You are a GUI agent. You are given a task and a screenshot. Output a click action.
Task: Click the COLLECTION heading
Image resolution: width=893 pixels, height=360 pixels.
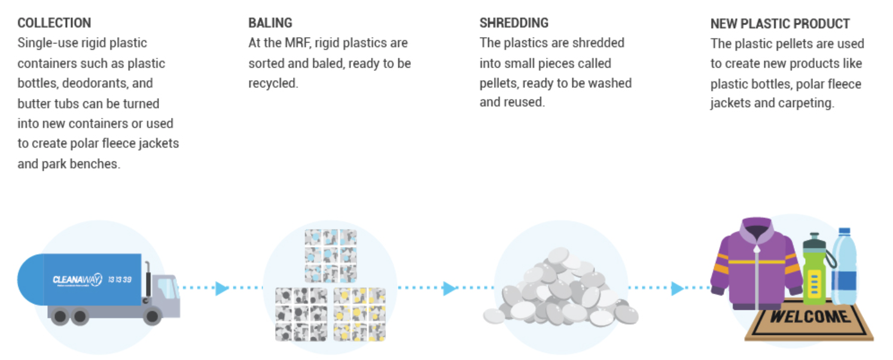pyautogui.click(x=54, y=23)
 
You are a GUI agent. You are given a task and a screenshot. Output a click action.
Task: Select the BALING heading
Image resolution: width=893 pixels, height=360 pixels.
pyautogui.click(x=270, y=23)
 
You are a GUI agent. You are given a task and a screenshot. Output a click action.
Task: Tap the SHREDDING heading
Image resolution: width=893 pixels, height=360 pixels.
pyautogui.click(x=514, y=23)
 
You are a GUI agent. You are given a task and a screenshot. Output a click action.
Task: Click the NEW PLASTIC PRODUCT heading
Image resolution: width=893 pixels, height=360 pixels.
pyautogui.click(x=780, y=24)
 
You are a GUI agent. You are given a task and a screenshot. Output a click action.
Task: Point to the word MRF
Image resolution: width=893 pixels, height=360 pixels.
pyautogui.click(x=304, y=43)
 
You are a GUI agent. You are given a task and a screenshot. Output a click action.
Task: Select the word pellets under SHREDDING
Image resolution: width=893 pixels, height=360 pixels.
pyautogui.click(x=498, y=83)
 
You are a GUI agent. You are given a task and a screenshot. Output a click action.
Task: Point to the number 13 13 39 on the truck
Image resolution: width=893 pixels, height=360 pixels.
pyautogui.click(x=120, y=279)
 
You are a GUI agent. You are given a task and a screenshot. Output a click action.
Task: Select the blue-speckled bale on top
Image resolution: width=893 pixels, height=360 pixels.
pyautogui.click(x=330, y=256)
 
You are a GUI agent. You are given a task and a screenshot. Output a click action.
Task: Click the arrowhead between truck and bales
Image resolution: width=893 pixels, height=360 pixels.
pyautogui.click(x=222, y=288)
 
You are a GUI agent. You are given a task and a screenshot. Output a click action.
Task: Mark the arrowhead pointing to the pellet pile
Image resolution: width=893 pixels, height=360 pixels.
pyautogui.click(x=450, y=288)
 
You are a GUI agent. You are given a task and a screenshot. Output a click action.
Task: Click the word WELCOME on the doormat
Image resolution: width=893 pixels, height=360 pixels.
pyautogui.click(x=809, y=316)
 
